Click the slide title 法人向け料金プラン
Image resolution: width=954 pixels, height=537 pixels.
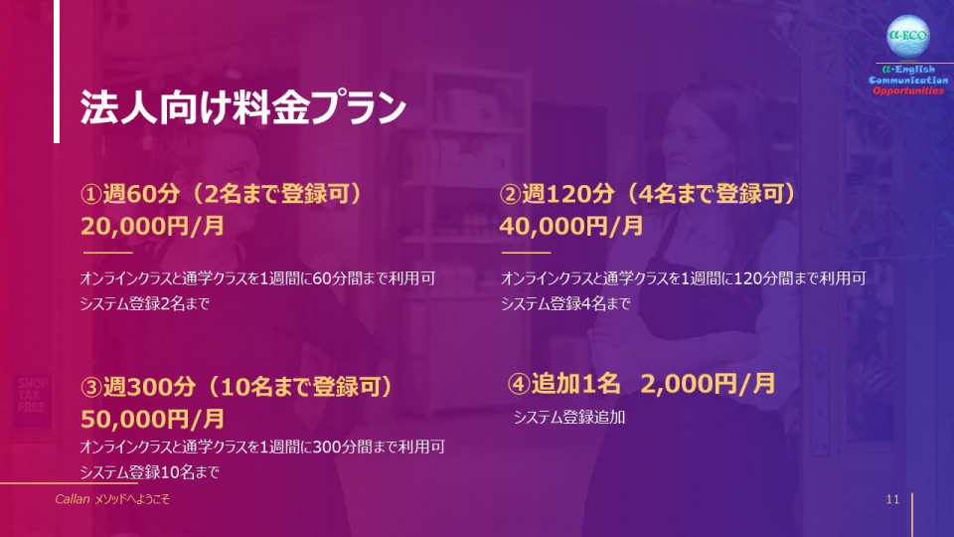point(242,107)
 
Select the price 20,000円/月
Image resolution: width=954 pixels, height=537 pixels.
point(152,226)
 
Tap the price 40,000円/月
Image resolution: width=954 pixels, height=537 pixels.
point(571,226)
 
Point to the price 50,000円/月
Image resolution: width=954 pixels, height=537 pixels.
point(152,419)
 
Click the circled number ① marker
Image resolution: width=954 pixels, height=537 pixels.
point(90,194)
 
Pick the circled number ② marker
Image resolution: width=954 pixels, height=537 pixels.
point(511,194)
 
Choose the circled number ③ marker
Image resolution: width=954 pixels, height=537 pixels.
point(90,387)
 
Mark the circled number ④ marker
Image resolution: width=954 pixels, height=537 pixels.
point(519,384)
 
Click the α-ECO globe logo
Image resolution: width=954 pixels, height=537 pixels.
point(907,36)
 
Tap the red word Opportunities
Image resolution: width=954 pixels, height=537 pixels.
point(908,90)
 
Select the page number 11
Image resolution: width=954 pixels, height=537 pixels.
point(892,499)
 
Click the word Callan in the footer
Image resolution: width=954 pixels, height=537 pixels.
point(73,499)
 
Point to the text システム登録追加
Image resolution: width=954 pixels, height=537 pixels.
point(568,417)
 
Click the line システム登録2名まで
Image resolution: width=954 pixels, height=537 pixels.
point(145,303)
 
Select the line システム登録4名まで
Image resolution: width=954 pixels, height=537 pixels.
point(565,303)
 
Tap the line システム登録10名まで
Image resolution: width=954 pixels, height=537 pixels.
point(150,471)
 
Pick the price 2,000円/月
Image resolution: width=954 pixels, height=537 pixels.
point(708,384)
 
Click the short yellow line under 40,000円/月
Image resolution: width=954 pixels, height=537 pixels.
point(526,252)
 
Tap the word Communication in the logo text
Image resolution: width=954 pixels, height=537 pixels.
point(907,81)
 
